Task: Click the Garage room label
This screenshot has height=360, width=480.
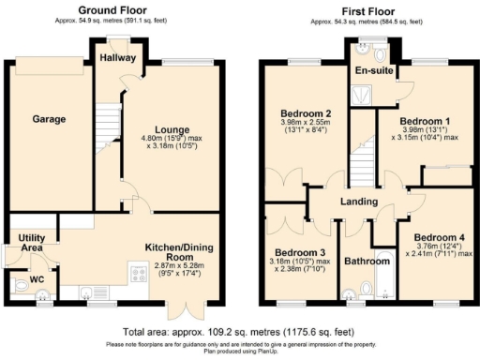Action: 49,119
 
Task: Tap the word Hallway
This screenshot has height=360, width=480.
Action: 118,58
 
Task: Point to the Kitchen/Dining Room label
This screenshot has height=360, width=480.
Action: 183,252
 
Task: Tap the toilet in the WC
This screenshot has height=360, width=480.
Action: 40,295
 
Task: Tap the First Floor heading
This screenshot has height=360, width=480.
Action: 363,8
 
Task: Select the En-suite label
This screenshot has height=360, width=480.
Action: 372,69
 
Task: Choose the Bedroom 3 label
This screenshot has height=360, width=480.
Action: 300,252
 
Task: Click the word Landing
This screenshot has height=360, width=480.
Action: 359,202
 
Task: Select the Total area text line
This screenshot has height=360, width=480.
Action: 239,332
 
